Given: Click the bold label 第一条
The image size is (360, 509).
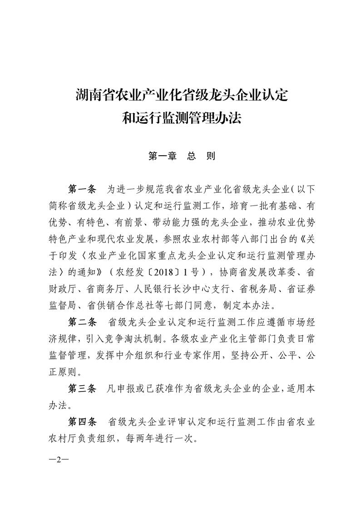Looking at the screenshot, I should pos(82,188).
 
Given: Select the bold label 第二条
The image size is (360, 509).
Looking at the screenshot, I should pos(82,323).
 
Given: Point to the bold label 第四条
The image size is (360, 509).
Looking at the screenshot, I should pos(82,421).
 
